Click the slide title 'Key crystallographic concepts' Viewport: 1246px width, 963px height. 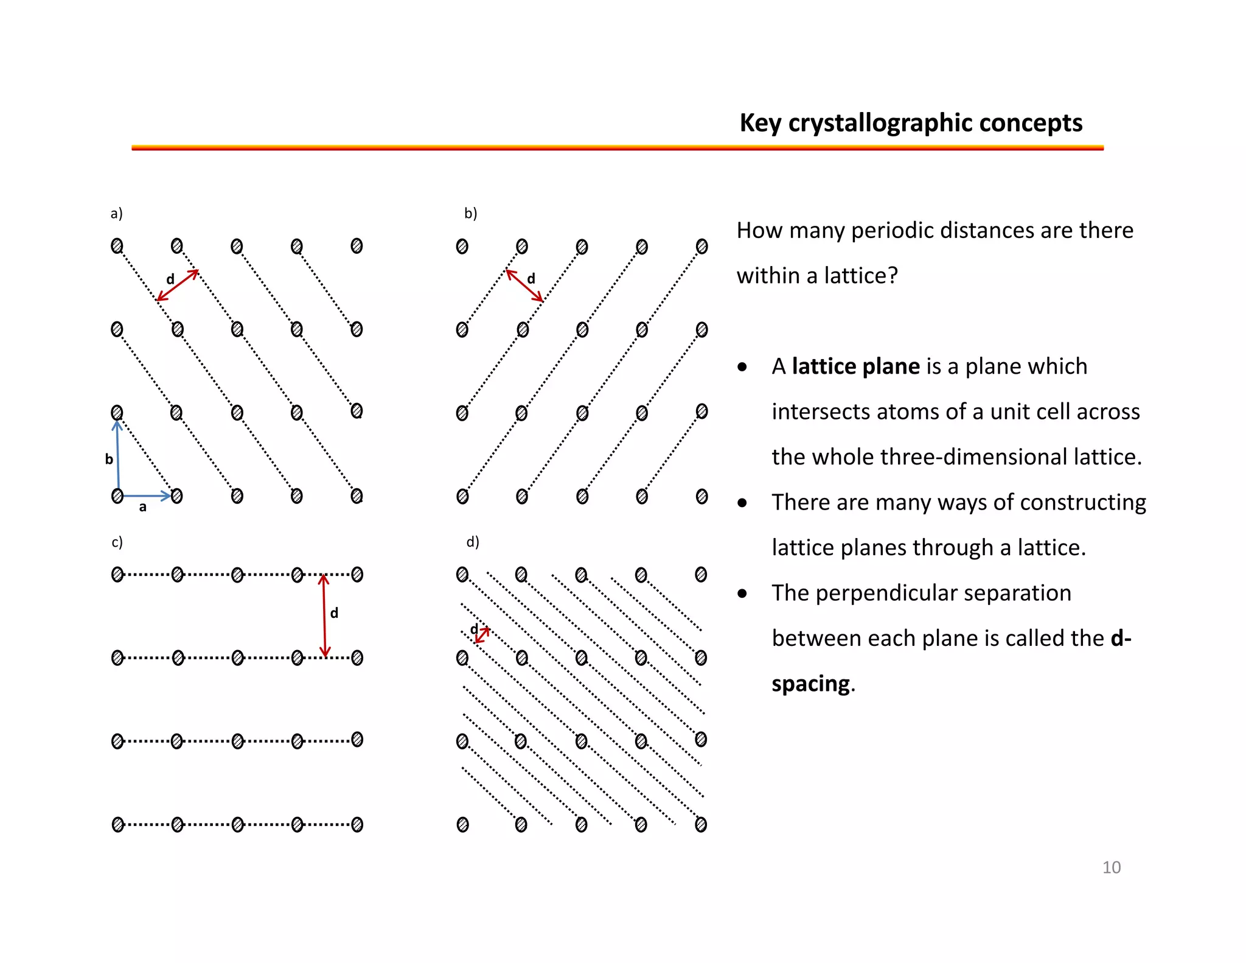coord(910,123)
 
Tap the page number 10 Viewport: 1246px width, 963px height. coord(1111,867)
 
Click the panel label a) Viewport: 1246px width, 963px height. coord(116,213)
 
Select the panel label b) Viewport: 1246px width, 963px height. coord(470,213)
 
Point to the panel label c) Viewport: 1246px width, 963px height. coord(117,542)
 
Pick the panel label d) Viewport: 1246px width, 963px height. coord(472,542)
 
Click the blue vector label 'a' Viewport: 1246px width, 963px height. coord(142,507)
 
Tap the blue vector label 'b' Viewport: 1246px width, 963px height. coord(109,459)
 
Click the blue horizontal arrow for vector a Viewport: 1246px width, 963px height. coord(147,496)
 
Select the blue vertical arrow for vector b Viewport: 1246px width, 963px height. coord(117,457)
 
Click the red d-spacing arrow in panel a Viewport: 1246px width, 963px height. coord(178,285)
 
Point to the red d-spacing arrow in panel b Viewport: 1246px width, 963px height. coord(524,285)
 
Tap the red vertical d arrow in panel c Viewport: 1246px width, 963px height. coord(324,615)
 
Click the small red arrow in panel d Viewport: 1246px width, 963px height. coord(482,635)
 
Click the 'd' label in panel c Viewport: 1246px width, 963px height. coord(334,613)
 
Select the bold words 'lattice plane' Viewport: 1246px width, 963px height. coord(855,366)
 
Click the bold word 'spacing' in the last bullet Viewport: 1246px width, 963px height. coord(810,684)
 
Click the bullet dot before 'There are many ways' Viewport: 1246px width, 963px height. coord(742,503)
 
